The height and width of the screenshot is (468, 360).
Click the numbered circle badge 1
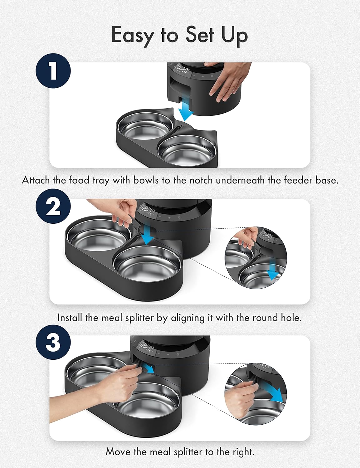[53, 71]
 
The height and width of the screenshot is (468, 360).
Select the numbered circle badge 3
[53, 342]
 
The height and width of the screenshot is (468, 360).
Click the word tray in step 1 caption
[101, 180]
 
